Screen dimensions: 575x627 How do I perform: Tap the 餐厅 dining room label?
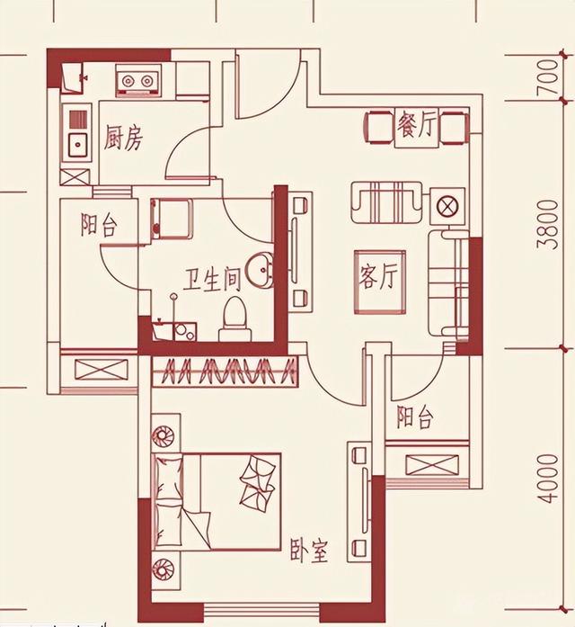pos(416,124)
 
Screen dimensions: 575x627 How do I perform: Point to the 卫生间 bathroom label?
pos(212,279)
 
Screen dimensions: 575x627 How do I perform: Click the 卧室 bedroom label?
pos(309,551)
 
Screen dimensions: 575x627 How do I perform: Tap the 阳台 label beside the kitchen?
pos(99,225)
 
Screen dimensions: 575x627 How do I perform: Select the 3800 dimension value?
pos(547,225)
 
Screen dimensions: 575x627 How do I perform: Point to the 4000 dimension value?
pos(547,479)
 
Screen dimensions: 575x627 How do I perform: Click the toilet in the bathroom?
pos(234,318)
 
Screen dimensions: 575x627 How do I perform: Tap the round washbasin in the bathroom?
pos(259,270)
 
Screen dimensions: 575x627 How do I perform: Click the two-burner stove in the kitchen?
pos(137,80)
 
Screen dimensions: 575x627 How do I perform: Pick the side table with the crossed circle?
pos(447,206)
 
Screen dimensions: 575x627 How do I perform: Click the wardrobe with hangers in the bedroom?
pos(225,372)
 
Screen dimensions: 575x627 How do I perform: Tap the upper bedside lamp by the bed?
pos(164,435)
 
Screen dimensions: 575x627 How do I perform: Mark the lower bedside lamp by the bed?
pos(164,569)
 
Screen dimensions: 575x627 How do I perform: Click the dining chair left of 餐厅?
pos(378,128)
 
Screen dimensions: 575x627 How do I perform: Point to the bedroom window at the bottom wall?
pos(262,611)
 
